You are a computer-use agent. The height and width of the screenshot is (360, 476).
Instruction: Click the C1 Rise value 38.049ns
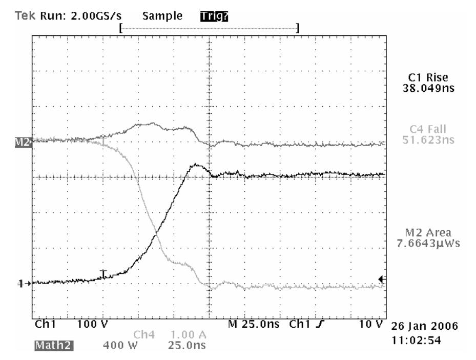(428, 88)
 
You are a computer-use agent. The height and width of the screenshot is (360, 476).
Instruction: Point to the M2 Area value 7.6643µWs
(428, 243)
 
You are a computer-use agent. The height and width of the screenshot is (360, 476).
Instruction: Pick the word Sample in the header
(162, 16)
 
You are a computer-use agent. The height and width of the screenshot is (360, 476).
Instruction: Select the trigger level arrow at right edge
(381, 278)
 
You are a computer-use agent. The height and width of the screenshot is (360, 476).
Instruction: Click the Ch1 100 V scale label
(92, 325)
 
